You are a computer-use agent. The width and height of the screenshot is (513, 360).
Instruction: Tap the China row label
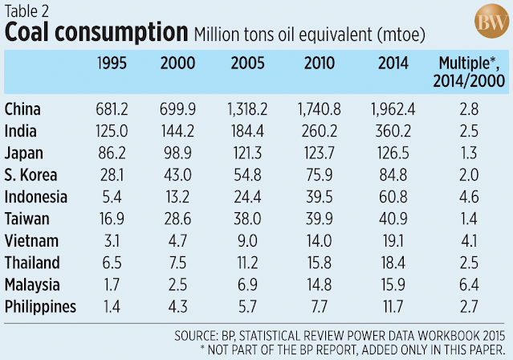pos(23,109)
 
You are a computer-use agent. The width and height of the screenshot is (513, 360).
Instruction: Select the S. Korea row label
pos(30,174)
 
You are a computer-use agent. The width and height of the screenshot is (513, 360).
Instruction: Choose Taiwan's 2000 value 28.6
pos(177,218)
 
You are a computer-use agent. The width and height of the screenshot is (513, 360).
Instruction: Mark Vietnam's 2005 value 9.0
pos(245,239)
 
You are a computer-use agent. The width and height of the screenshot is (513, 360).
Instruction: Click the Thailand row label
pos(31,261)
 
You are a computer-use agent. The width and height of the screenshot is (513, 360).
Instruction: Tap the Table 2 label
pos(26,10)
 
